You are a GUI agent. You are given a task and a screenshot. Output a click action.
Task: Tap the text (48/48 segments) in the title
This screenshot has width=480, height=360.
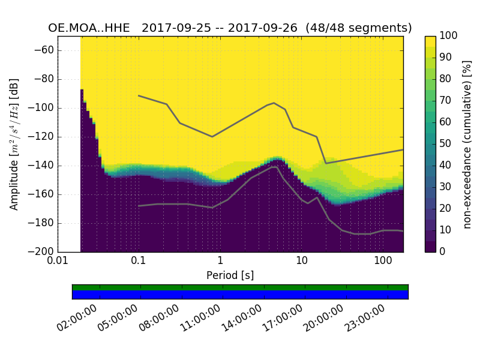click(x=359, y=28)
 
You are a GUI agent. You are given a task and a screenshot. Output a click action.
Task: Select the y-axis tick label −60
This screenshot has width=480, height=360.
click(x=43, y=50)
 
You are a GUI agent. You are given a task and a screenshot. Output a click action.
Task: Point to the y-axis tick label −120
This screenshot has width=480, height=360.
click(x=40, y=137)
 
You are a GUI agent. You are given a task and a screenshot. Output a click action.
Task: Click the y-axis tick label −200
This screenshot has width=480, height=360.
click(x=40, y=252)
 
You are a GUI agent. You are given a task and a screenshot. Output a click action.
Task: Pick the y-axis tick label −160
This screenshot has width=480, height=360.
click(x=40, y=194)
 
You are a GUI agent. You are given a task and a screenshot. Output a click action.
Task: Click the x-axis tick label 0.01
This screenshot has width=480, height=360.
click(x=58, y=261)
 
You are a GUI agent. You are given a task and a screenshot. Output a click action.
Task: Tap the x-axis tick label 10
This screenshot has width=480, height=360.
click(x=302, y=261)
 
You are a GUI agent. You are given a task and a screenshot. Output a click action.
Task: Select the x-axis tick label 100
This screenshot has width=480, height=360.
click(x=383, y=261)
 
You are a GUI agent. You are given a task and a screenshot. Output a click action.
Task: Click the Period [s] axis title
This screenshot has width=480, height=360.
click(x=230, y=275)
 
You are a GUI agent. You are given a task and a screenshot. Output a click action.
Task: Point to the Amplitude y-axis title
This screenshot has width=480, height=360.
click(x=14, y=144)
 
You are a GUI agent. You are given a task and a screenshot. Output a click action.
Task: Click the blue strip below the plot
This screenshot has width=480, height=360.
click(x=240, y=295)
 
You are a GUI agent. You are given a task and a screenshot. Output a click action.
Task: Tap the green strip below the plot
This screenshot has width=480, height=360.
click(x=240, y=287)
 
